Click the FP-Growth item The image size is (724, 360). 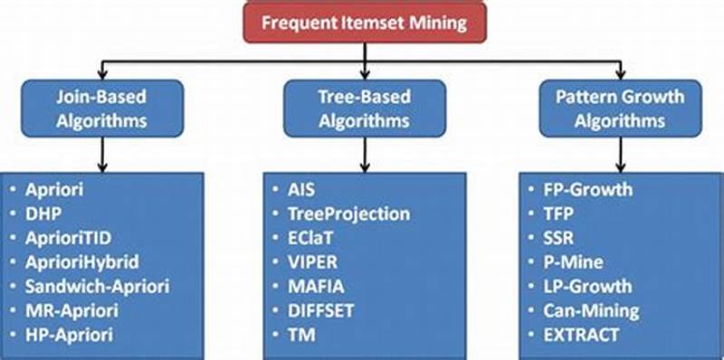click(589, 190)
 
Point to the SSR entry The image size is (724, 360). click(562, 238)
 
